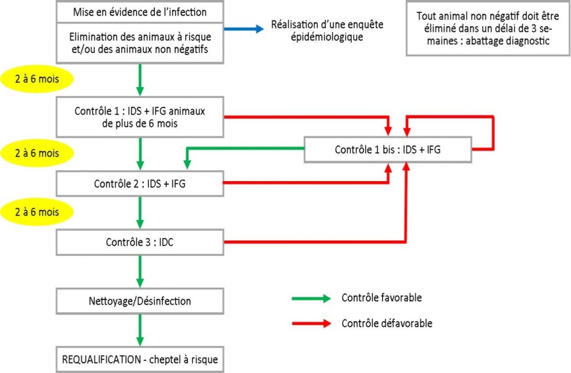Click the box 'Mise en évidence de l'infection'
click(140, 12)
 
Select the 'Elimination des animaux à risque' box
click(140, 43)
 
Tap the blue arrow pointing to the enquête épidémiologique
click(244, 29)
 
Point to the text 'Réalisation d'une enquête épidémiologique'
click(327, 31)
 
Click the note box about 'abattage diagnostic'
click(488, 28)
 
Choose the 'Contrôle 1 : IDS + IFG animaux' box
click(140, 117)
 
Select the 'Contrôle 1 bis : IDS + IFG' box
click(388, 149)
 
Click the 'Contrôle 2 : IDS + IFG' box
click(140, 183)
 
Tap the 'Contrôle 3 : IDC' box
click(140, 242)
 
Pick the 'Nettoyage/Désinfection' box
click(140, 301)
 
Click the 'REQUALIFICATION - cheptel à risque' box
click(140, 360)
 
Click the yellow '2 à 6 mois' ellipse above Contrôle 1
click(37, 79)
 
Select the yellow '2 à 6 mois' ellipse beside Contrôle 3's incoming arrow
click(37, 212)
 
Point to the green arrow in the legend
click(311, 298)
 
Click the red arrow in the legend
click(311, 323)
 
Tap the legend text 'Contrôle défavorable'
click(387, 323)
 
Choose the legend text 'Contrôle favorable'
click(381, 298)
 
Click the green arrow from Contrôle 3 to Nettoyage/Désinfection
click(140, 272)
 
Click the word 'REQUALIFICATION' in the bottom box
click(101, 360)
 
